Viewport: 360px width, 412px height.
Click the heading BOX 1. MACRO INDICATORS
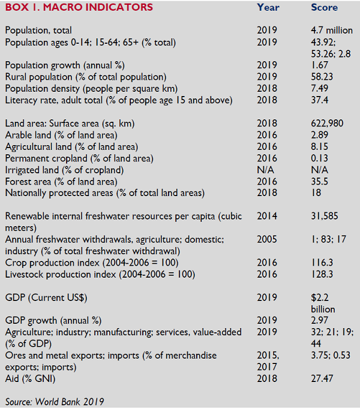click(x=79, y=7)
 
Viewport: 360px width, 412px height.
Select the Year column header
click(x=268, y=7)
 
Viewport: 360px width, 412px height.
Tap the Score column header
click(x=324, y=7)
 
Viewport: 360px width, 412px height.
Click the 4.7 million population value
click(x=332, y=30)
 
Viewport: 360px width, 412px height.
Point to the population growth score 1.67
click(x=320, y=65)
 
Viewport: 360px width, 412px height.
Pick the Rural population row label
click(x=86, y=77)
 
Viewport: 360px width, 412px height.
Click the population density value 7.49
click(x=320, y=88)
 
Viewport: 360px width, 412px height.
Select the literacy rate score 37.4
click(x=320, y=100)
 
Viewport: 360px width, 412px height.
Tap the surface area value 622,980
click(x=327, y=123)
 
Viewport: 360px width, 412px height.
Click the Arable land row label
click(x=61, y=135)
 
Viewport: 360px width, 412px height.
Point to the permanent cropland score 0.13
click(x=320, y=158)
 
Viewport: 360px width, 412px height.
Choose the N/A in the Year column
click(x=265, y=170)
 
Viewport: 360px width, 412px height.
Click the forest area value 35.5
click(x=320, y=182)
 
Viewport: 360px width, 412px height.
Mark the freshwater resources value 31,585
click(x=325, y=216)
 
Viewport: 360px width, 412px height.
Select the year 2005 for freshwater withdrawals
click(x=267, y=239)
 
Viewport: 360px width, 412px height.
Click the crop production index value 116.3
click(x=322, y=263)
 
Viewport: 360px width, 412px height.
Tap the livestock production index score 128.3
click(x=322, y=274)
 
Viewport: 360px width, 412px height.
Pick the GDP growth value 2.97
click(x=320, y=320)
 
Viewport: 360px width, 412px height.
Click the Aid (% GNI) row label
click(x=30, y=378)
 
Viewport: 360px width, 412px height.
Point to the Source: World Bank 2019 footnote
click(x=55, y=402)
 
